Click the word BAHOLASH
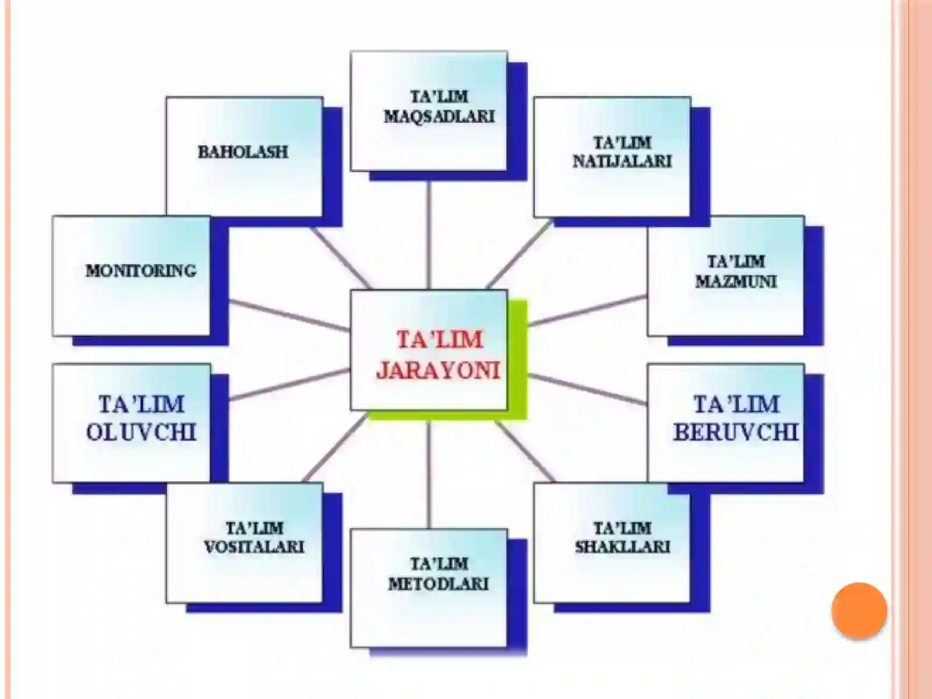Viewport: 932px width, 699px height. (x=243, y=153)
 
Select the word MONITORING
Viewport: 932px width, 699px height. (x=141, y=271)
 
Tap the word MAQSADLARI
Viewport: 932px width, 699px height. (x=439, y=116)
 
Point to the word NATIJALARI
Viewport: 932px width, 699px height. (x=622, y=162)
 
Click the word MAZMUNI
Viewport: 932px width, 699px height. (x=736, y=281)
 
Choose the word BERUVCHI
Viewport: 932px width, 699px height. (x=736, y=432)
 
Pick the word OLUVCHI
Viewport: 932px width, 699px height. (x=141, y=432)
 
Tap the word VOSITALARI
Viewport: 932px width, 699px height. (x=254, y=547)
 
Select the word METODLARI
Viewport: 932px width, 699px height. (x=439, y=584)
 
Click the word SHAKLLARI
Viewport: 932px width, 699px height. (x=623, y=547)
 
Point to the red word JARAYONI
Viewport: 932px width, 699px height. (x=438, y=370)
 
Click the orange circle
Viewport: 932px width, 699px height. (x=859, y=610)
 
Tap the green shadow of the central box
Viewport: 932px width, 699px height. (x=518, y=361)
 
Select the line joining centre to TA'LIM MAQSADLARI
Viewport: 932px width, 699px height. (x=429, y=235)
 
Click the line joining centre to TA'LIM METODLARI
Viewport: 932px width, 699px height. (x=429, y=475)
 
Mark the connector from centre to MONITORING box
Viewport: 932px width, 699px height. (x=290, y=315)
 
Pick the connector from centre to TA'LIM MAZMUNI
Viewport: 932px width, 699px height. (x=587, y=310)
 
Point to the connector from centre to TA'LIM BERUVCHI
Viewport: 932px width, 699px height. (x=587, y=389)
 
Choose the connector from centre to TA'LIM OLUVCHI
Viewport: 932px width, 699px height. (x=290, y=384)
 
